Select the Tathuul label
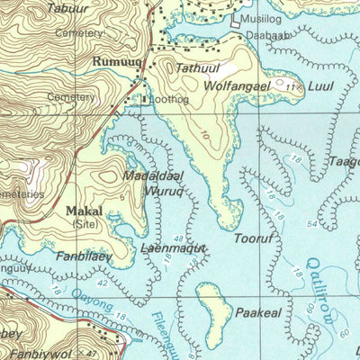pyautogui.click(x=197, y=68)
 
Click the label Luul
pyautogui.click(x=321, y=86)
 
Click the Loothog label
pyautogui.click(x=170, y=100)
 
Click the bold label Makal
pyautogui.click(x=85, y=211)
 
